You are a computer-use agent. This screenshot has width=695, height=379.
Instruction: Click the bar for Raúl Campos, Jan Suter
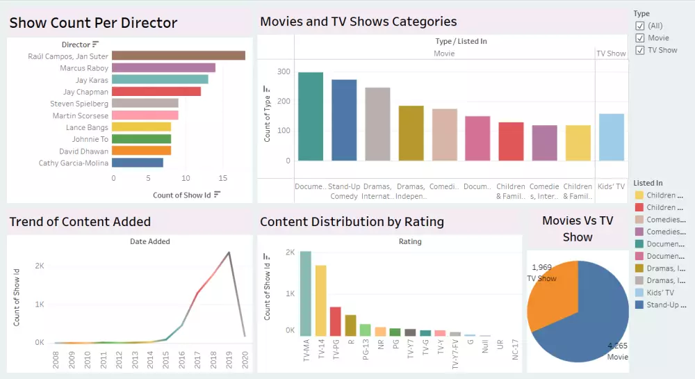(178, 56)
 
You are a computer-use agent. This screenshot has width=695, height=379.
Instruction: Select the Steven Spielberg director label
(79, 104)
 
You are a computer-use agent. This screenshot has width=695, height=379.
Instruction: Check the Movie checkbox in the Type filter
(640, 38)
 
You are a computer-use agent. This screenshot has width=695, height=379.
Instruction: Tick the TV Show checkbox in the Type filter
(640, 50)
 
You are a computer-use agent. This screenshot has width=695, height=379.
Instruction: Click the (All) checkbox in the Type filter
(640, 26)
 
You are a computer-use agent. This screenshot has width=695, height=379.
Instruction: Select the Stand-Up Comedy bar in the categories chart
(344, 120)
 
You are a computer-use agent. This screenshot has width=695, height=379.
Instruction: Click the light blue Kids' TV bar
(611, 137)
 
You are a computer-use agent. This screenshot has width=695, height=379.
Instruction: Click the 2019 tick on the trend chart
(229, 358)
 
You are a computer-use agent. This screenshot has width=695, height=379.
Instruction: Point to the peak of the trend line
(229, 252)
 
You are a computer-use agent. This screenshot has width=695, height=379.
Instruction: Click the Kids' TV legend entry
(660, 293)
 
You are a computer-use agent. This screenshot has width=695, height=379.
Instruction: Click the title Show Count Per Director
(93, 23)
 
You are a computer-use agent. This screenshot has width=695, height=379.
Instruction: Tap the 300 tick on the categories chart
(283, 72)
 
